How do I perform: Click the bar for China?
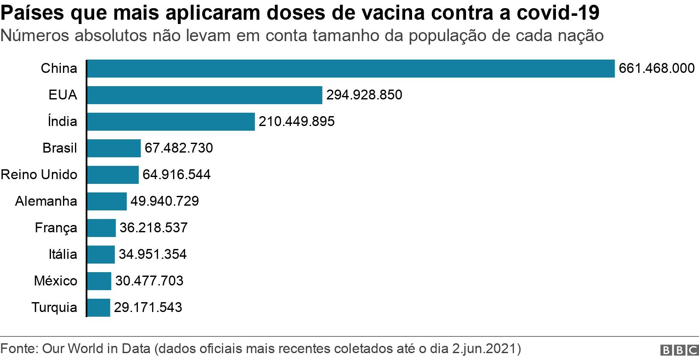pyautogui.click(x=350, y=69)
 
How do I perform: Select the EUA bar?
pyautogui.click(x=204, y=95)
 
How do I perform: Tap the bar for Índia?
pyautogui.click(x=170, y=122)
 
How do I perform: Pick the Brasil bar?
pyautogui.click(x=114, y=148)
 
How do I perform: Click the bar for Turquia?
pyautogui.click(x=99, y=307)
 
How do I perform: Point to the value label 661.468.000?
pyautogui.click(x=657, y=69)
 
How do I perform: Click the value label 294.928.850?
pyautogui.click(x=364, y=95)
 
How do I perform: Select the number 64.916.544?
pyautogui.click(x=176, y=175)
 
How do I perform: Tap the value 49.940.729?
pyautogui.click(x=164, y=201)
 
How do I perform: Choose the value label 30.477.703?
pyautogui.click(x=149, y=281)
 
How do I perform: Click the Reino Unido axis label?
pyautogui.click(x=39, y=175)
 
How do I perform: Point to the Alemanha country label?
pyautogui.click(x=46, y=201)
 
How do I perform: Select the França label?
pyautogui.click(x=56, y=228)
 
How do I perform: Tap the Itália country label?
pyautogui.click(x=63, y=254)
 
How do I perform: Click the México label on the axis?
pyautogui.click(x=56, y=281)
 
